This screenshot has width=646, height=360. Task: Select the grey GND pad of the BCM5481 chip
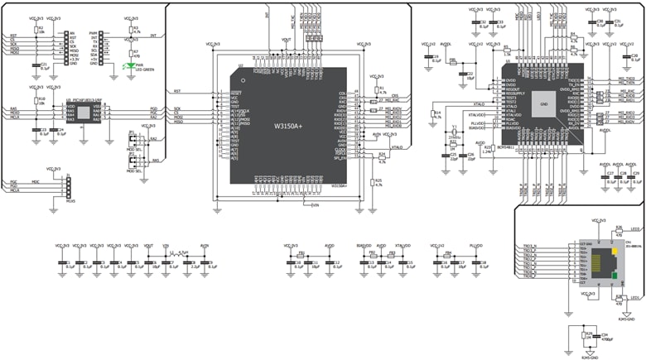click(x=543, y=104)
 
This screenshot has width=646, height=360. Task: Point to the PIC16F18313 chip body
click(x=83, y=113)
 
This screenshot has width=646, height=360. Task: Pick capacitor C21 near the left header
click(x=36, y=65)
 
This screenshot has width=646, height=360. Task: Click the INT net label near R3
click(x=154, y=36)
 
